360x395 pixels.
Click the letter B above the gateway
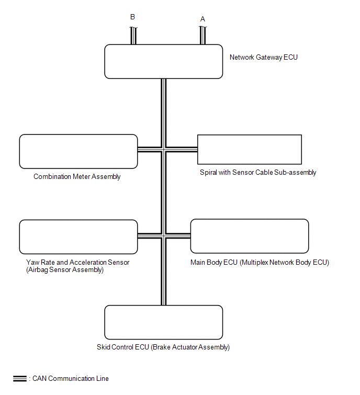pos(132,17)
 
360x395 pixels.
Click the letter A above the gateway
pos(203,19)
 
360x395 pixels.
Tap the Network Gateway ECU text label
pos(264,58)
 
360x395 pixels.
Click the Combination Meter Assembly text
pos(77,177)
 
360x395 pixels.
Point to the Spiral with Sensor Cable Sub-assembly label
pos(258,172)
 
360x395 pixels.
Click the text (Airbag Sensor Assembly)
pos(65,270)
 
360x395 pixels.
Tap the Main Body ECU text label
pos(260,263)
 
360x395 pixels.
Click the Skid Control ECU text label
pos(163,347)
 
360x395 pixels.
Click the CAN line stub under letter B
pos(133,36)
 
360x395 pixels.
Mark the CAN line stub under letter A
pos(203,35)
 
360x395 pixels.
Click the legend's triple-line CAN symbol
pos(20,378)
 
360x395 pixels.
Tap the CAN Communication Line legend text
pos(71,378)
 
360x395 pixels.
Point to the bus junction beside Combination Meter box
pos(164,150)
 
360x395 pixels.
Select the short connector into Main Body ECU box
pos(178,236)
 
